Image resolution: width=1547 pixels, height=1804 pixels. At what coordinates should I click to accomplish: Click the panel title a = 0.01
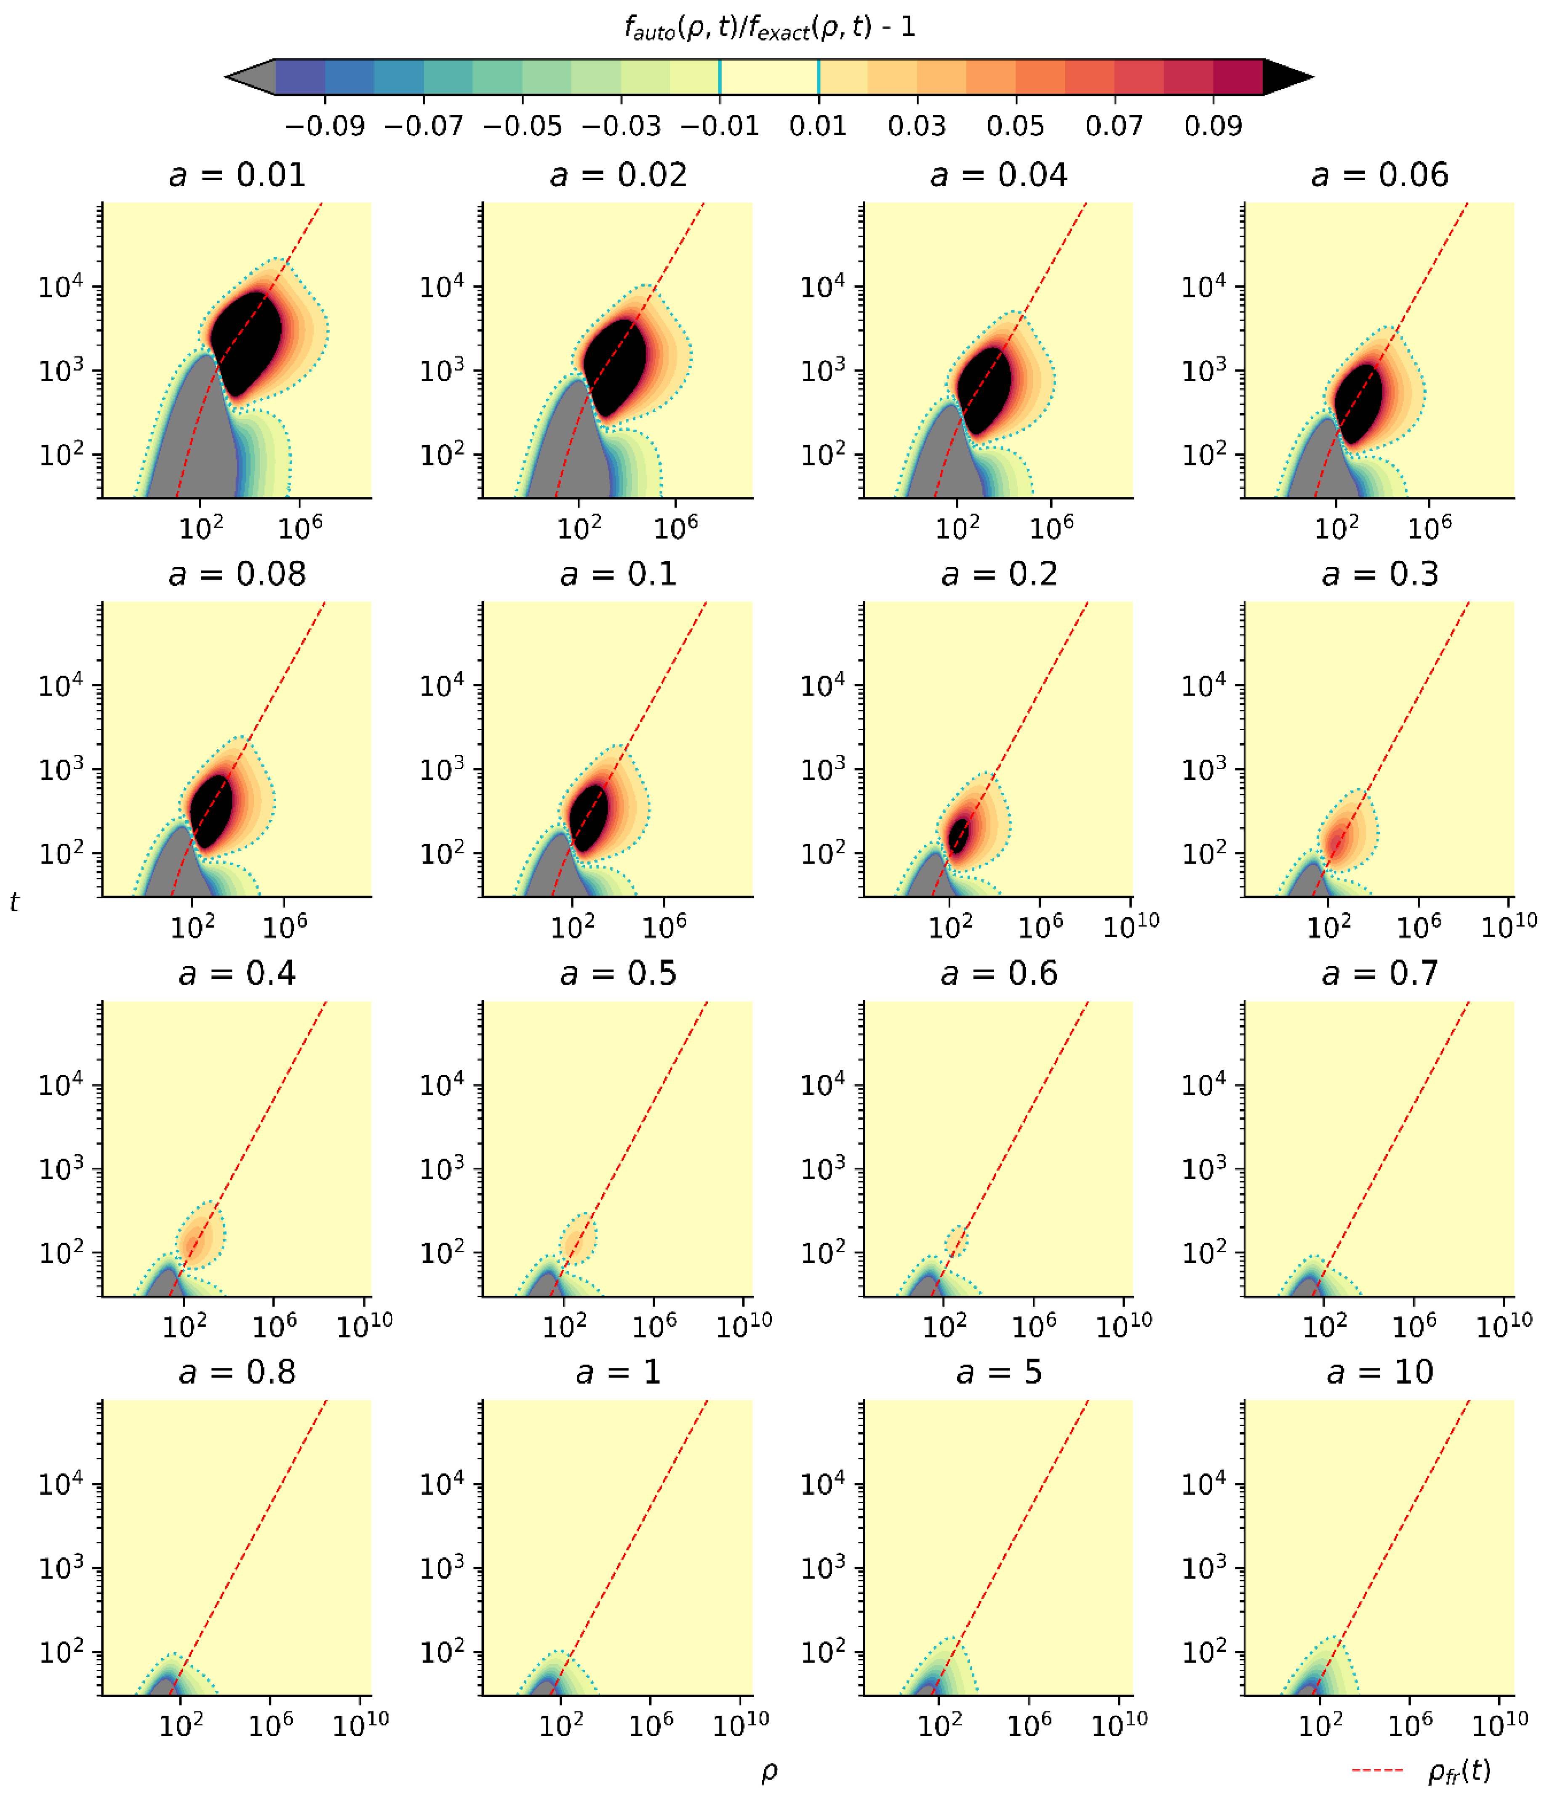pos(237,175)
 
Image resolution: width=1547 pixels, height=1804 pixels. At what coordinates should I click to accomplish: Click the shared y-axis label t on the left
pos(14,903)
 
